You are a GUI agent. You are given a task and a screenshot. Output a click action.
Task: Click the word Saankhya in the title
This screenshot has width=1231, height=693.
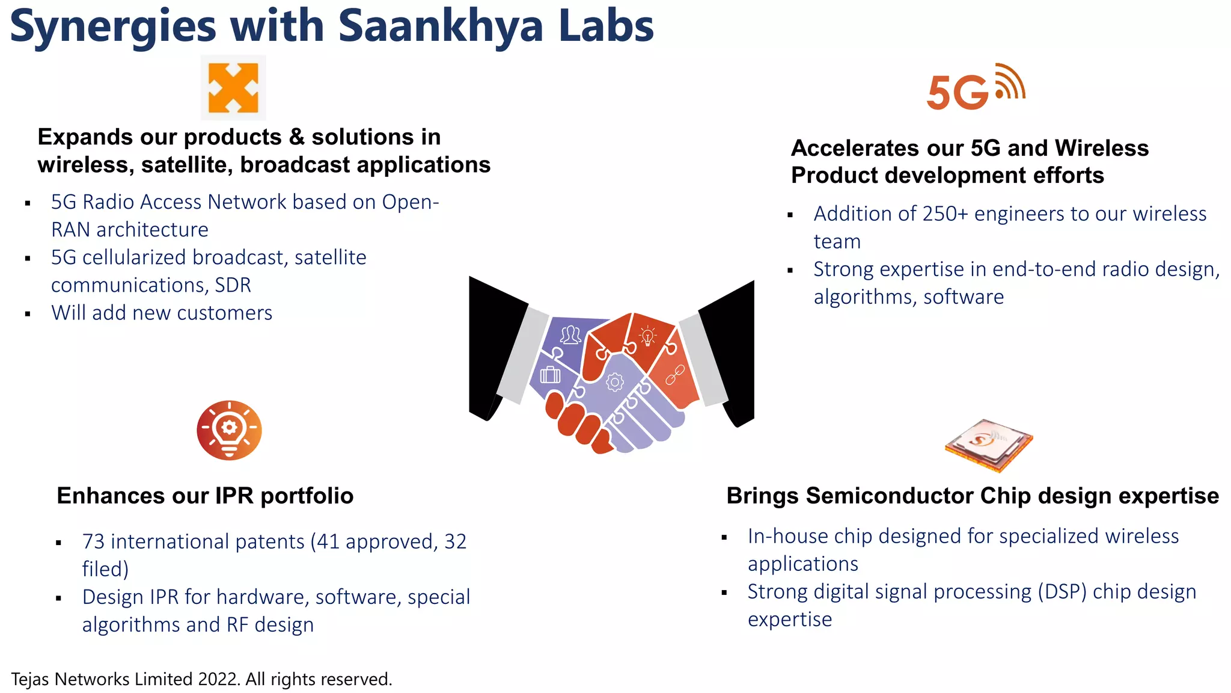[440, 26]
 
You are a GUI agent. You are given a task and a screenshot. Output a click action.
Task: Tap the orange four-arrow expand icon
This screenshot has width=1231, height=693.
[233, 88]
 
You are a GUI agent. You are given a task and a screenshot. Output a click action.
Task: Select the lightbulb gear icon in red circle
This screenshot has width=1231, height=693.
[229, 430]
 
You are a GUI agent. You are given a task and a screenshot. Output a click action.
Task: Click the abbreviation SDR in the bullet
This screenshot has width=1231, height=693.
[233, 285]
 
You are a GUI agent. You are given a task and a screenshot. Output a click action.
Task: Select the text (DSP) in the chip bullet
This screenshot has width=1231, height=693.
[1062, 592]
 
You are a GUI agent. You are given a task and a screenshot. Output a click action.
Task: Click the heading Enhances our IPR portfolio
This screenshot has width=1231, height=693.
[205, 496]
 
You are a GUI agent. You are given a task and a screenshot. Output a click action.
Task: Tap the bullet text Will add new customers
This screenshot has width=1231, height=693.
[162, 313]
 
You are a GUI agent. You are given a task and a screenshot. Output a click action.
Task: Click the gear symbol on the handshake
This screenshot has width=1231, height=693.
[614, 382]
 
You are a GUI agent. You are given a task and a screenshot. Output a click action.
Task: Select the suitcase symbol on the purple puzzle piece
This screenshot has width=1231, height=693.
[550, 375]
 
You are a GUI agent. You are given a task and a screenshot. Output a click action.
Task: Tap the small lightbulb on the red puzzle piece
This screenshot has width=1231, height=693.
[647, 336]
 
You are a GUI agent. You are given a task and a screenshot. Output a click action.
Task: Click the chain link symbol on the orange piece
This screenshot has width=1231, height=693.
[675, 375]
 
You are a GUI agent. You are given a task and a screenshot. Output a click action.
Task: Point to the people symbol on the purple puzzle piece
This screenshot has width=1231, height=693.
[570, 334]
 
